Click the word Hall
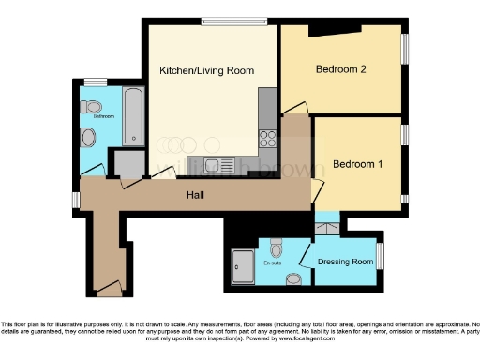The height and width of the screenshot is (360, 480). pos(195,196)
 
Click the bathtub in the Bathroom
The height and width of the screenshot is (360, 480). pos(132,117)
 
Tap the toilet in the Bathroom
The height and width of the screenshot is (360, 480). pos(92,106)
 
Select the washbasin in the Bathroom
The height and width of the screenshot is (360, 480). pos(87,140)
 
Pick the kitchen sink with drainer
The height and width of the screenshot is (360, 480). pos(219,166)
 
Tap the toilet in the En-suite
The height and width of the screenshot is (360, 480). pos(276,249)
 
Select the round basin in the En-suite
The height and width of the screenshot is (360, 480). pos(294,278)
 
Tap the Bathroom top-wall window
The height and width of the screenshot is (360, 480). pos(94,82)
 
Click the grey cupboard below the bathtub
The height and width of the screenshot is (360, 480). pos(128,164)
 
